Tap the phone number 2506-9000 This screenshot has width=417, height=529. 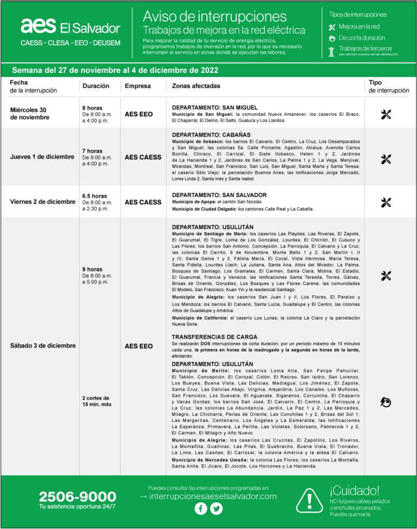click(x=78, y=497)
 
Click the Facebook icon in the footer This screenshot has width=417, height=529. click(x=201, y=509)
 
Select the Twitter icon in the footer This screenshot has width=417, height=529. click(x=216, y=509)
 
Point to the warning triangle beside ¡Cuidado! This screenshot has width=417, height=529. click(x=309, y=500)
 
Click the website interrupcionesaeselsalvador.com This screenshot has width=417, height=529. click(x=208, y=496)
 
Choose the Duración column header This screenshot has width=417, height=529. click(x=96, y=86)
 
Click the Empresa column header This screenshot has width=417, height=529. click(x=138, y=86)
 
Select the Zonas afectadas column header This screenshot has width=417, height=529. click(x=196, y=86)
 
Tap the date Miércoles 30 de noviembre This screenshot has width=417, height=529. click(x=30, y=113)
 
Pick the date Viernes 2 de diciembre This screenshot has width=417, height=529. click(x=42, y=202)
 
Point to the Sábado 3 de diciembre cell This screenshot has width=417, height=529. click(x=43, y=345)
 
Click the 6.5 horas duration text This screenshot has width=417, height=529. click(x=95, y=197)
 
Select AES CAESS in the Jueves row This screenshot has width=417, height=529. click(x=143, y=157)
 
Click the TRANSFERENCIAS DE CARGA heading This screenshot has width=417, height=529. click(x=212, y=337)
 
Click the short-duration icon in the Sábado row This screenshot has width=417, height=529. click(x=386, y=401)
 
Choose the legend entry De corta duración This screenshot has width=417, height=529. click(x=362, y=38)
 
